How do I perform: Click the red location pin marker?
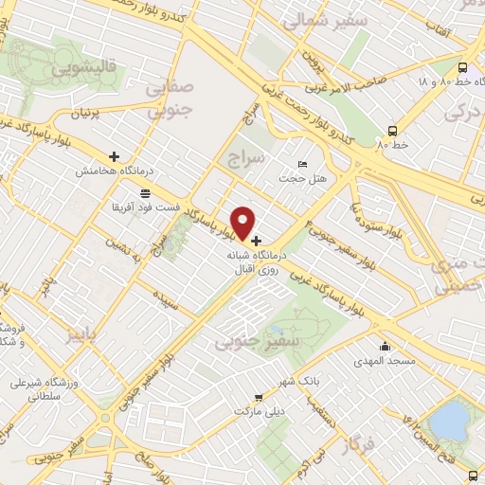pyautogui.click(x=244, y=223)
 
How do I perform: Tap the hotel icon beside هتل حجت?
pyautogui.click(x=302, y=165)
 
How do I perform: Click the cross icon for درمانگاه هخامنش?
pyautogui.click(x=115, y=156)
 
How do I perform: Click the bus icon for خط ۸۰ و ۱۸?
pyautogui.click(x=461, y=68)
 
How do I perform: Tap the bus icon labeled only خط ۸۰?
pyautogui.click(x=392, y=131)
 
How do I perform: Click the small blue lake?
pyautogui.click(x=453, y=419)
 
